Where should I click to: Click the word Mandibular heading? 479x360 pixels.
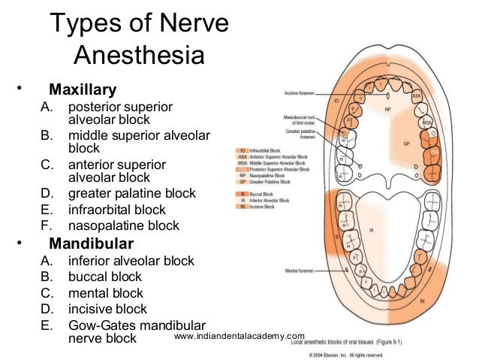click(91, 244)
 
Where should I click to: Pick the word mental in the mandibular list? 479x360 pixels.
click(88, 293)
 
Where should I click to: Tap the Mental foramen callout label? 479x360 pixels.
click(299, 268)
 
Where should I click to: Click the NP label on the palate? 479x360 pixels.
click(388, 109)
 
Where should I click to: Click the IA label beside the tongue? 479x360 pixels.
click(371, 230)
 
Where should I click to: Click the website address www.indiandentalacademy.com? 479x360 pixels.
click(239, 336)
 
